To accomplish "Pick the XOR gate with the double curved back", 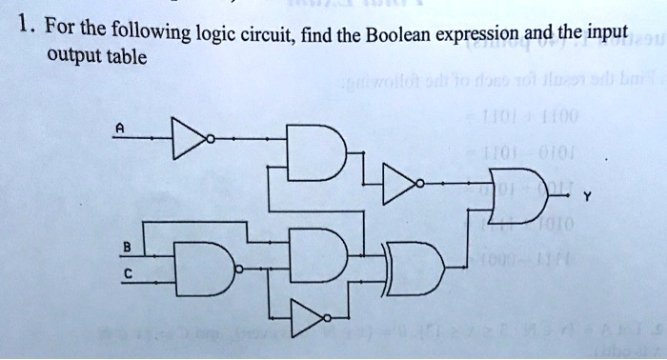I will pyautogui.click(x=415, y=269).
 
